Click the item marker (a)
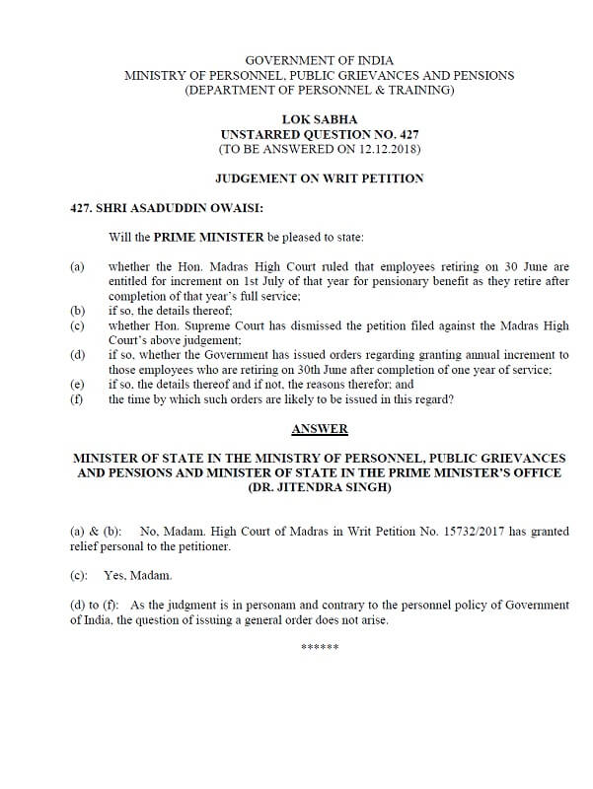tap(77, 266)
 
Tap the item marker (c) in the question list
tap(77, 325)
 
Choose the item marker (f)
tap(77, 399)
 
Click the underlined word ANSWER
tap(319, 429)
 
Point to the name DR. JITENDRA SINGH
tap(319, 488)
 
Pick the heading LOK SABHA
tap(319, 118)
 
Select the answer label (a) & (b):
tap(96, 532)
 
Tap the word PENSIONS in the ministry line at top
tap(478, 76)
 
